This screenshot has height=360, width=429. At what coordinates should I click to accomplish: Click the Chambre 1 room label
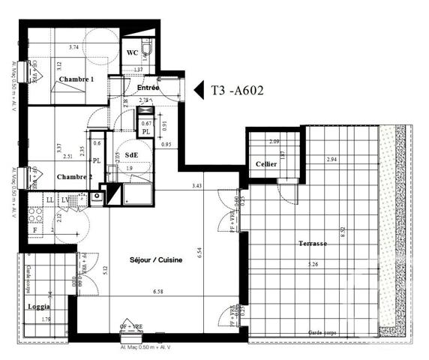[76, 79]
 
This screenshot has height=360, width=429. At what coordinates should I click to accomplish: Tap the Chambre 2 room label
[74, 177]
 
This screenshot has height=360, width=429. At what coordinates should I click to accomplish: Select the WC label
[130, 53]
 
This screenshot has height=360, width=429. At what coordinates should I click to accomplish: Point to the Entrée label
[148, 88]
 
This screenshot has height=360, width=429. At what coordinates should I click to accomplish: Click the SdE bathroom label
[130, 155]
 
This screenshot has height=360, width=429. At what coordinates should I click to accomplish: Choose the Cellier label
[266, 163]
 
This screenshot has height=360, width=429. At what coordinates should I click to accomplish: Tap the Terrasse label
[312, 244]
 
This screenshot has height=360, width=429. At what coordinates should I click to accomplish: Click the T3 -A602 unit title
[237, 91]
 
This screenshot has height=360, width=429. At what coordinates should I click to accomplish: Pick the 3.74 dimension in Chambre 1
[73, 47]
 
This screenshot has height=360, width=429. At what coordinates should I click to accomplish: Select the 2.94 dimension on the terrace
[331, 160]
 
